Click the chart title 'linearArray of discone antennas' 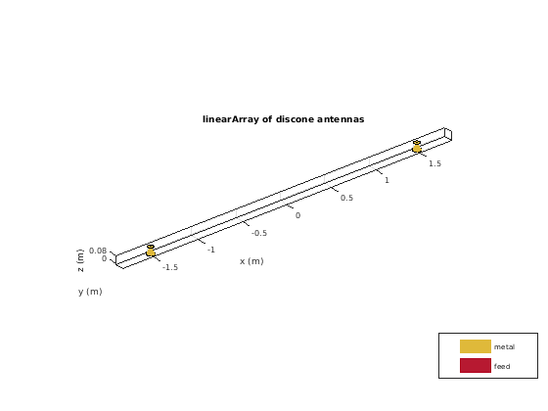(284, 119)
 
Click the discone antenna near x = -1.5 (151, 251)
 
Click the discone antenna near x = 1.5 (417, 147)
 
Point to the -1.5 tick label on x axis (170, 267)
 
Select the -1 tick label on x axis (211, 250)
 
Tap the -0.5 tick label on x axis (259, 233)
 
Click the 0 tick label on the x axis (297, 215)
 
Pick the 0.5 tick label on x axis (346, 198)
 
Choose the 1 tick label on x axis (387, 180)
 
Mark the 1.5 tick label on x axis (434, 163)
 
